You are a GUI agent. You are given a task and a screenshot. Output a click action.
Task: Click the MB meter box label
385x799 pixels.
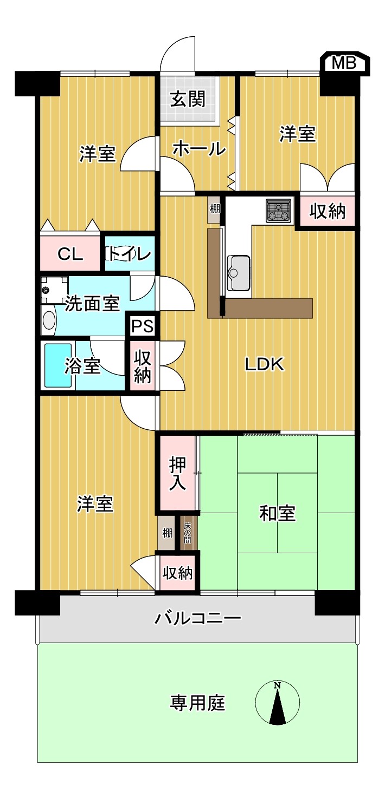(x=344, y=63)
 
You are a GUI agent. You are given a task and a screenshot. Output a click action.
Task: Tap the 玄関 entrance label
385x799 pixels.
(x=188, y=99)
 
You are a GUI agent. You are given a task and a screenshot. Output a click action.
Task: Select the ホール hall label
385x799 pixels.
(x=199, y=148)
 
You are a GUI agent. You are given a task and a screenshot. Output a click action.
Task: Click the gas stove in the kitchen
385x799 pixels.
(x=278, y=211)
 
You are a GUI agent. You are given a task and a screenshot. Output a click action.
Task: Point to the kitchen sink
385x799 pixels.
(x=239, y=273)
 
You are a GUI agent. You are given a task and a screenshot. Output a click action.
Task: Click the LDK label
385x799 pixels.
(x=264, y=364)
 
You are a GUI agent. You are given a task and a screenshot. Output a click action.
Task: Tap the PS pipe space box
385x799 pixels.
(x=143, y=325)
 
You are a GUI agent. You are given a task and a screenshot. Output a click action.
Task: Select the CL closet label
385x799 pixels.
(x=70, y=254)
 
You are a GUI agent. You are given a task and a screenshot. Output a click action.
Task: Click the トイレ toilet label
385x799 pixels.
(x=129, y=254)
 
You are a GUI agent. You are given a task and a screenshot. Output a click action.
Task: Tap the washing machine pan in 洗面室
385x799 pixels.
(x=54, y=290)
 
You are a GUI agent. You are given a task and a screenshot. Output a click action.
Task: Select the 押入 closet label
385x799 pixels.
(x=177, y=473)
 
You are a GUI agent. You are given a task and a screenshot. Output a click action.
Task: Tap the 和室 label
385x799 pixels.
(x=277, y=514)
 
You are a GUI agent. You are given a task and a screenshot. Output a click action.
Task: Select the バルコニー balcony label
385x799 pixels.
(x=197, y=618)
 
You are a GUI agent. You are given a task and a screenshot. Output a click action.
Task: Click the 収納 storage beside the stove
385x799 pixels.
(x=327, y=211)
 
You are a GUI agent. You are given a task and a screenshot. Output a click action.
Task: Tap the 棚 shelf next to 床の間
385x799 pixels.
(x=166, y=533)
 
